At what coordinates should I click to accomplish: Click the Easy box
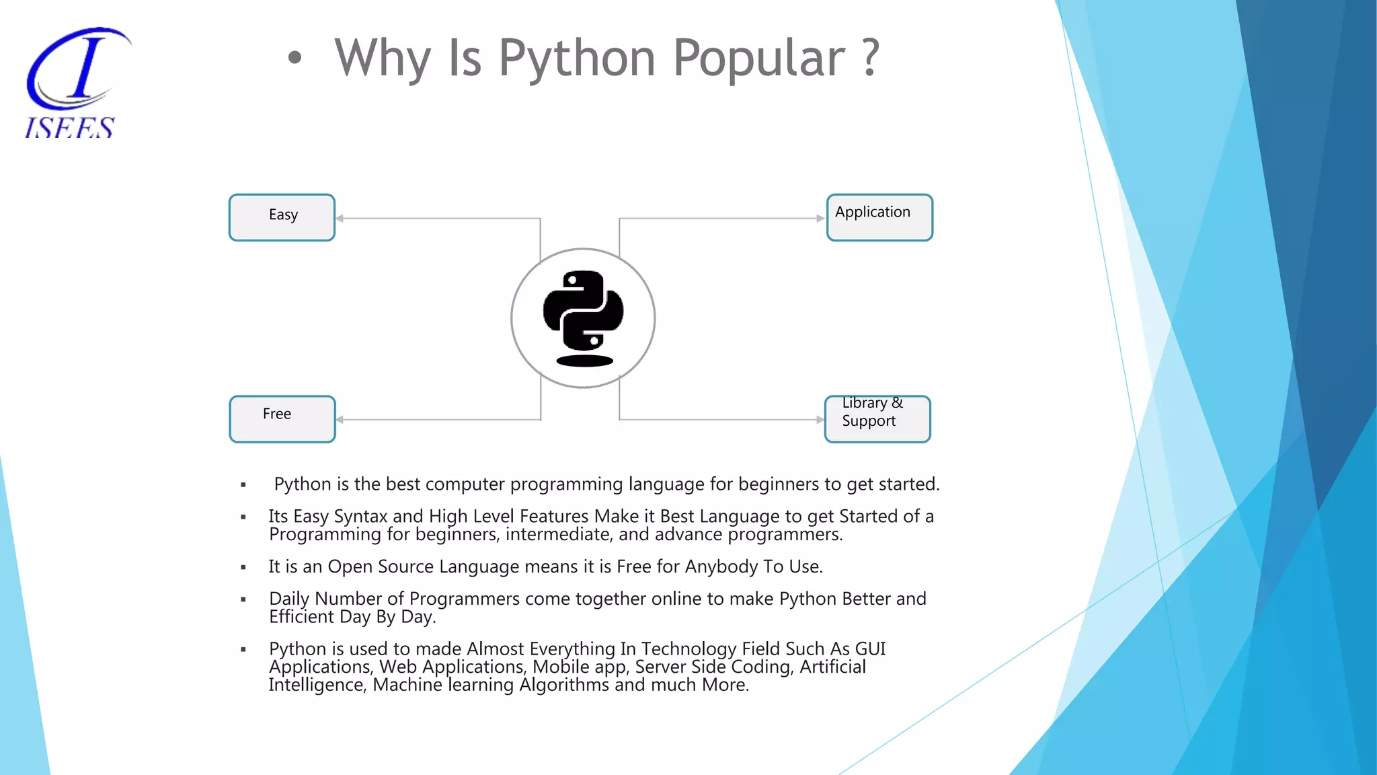point(282,217)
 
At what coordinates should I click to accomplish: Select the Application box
point(879,217)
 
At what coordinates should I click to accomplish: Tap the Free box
point(282,418)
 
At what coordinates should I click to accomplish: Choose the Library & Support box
point(877,418)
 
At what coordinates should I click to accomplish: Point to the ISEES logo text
point(70,128)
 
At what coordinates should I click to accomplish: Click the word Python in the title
point(577,59)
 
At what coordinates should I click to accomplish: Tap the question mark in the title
point(870,57)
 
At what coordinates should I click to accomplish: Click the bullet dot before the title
point(294,59)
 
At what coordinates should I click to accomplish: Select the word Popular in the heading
point(758,59)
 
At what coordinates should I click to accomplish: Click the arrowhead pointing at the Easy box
point(340,218)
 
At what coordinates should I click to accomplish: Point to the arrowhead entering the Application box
point(820,218)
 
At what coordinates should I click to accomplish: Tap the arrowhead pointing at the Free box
point(340,420)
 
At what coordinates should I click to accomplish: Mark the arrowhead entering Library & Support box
point(820,420)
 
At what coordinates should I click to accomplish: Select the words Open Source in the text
point(380,566)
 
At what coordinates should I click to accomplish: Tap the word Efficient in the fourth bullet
point(301,617)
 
